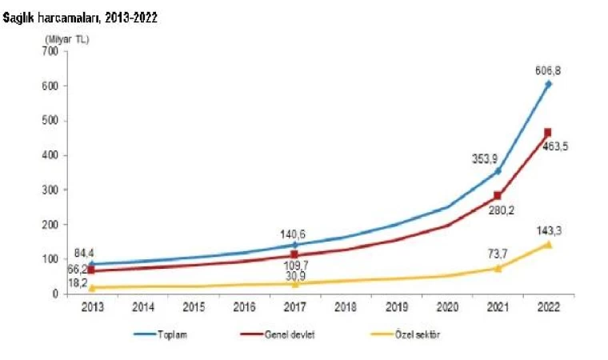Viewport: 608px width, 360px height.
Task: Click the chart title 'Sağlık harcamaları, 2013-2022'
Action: (x=79, y=17)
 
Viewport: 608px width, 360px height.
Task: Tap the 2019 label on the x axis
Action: (x=397, y=306)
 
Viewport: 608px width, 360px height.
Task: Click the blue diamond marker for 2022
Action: (x=548, y=84)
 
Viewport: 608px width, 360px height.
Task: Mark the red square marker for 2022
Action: (x=548, y=133)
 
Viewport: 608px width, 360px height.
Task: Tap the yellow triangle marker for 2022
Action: (x=548, y=244)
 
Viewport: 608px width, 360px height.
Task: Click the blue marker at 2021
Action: (x=498, y=171)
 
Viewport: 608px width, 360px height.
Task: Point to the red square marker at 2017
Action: (x=294, y=256)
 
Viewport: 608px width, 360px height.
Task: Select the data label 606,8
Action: (x=547, y=70)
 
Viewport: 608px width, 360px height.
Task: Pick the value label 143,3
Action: (x=547, y=230)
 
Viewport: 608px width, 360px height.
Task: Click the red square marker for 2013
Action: (x=91, y=270)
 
